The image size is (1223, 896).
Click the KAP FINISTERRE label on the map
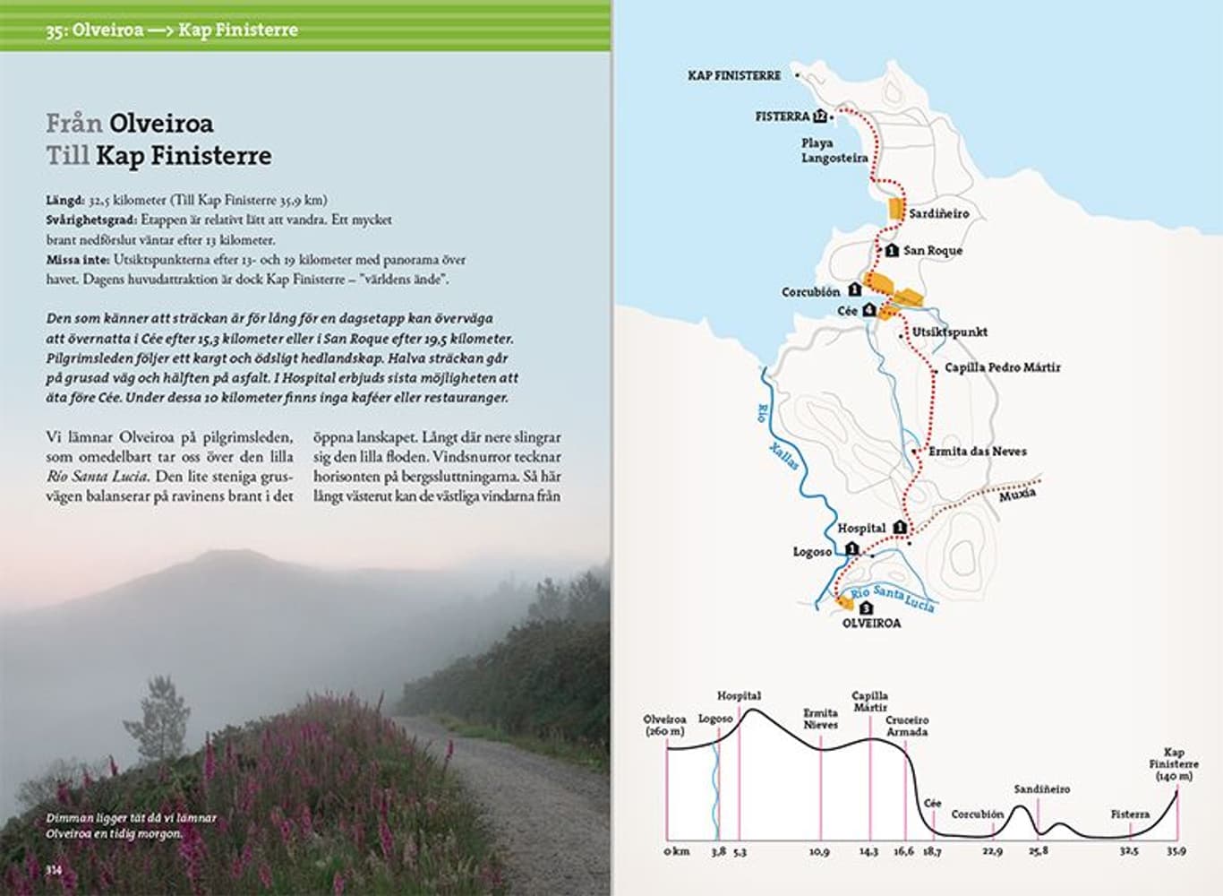tap(734, 76)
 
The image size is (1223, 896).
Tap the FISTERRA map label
tap(782, 116)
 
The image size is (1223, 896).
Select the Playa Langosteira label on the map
tap(834, 151)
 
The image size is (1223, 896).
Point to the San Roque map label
tap(932, 251)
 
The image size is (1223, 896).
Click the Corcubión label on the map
tap(810, 292)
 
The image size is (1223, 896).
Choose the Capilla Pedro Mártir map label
tap(1002, 367)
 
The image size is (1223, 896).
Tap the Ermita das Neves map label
tap(978, 452)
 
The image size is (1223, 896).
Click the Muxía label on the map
tap(1017, 495)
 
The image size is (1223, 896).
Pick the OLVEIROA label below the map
tap(871, 623)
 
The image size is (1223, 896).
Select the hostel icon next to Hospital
tap(900, 529)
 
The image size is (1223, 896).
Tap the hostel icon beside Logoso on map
tap(851, 549)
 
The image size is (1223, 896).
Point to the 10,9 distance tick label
tap(819, 852)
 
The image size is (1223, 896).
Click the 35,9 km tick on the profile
tap(1176, 851)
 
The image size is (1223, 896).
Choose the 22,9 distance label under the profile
tap(992, 852)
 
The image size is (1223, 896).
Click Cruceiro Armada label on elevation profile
tap(907, 726)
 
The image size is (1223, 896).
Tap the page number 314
tap(55, 869)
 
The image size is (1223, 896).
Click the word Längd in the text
tap(65, 201)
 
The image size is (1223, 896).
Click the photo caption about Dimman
tap(131, 825)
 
